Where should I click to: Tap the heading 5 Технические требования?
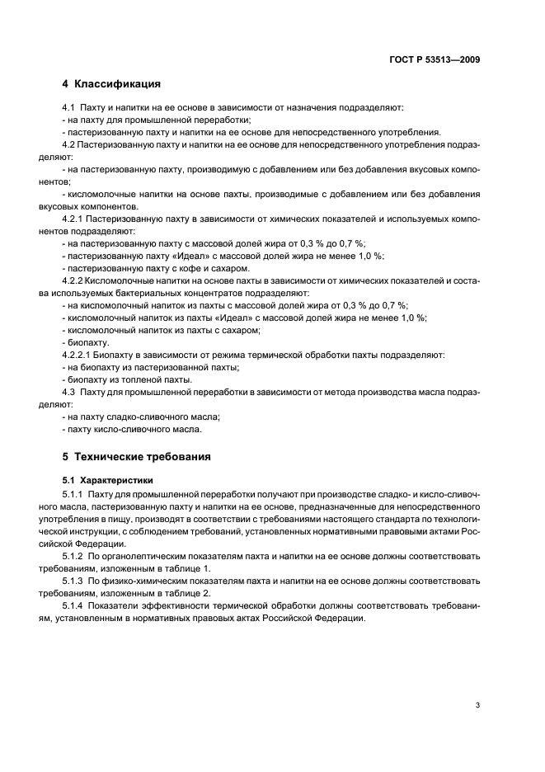(136, 456)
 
